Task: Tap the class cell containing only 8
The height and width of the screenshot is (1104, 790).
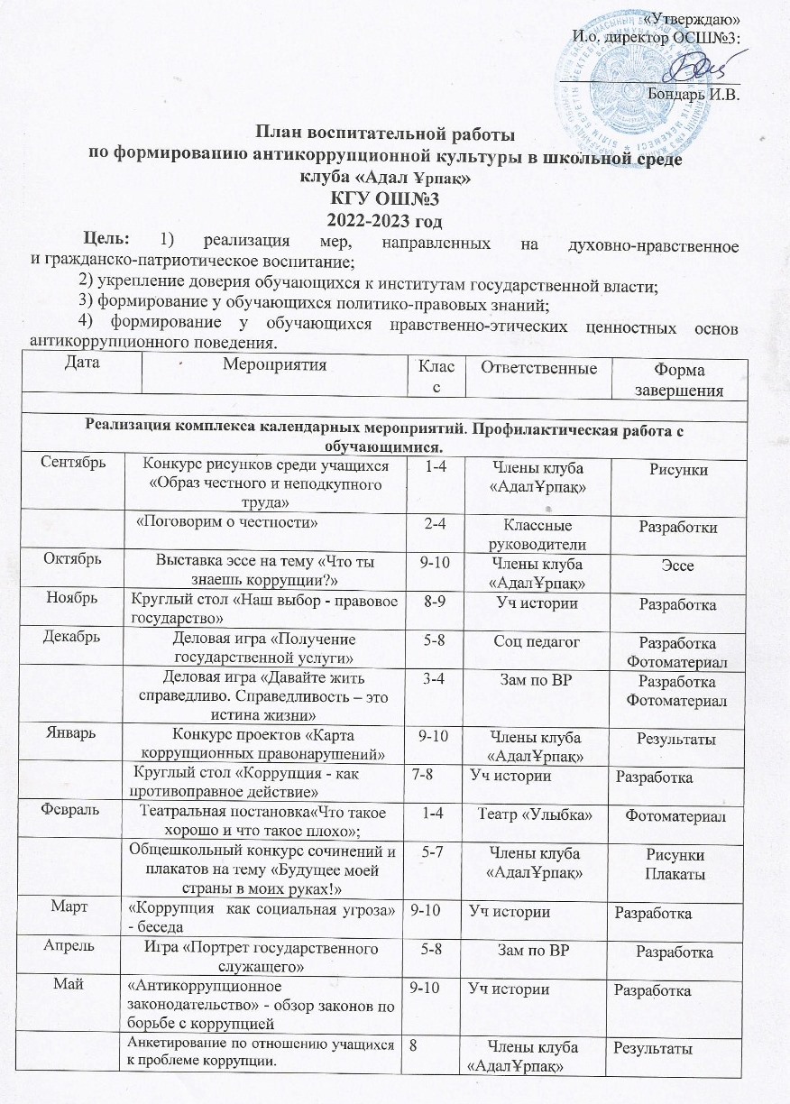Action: pos(416,1046)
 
